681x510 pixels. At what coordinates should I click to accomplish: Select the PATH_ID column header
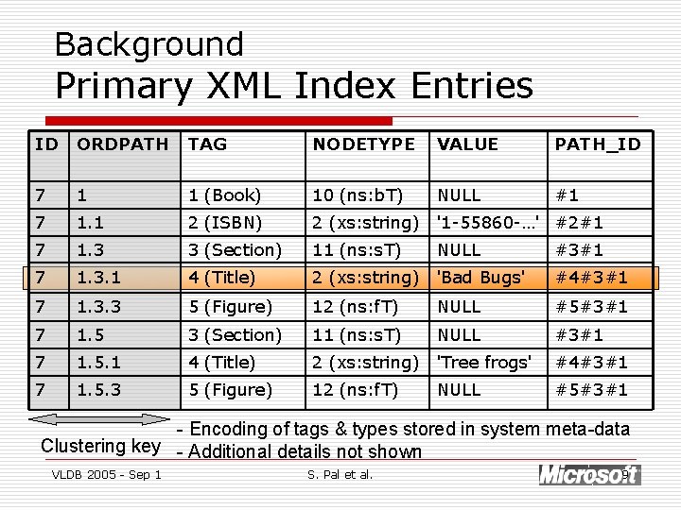[597, 144]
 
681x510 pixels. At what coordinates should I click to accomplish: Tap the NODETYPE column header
[363, 144]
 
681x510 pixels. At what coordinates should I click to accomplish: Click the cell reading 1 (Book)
[224, 195]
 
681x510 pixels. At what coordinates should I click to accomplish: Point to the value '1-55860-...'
[487, 223]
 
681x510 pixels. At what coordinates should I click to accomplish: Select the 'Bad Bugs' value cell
[480, 278]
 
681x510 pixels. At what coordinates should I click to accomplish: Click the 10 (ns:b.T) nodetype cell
[358, 195]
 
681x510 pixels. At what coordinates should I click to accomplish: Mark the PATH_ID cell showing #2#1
[580, 223]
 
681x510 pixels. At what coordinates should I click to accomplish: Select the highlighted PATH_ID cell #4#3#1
[591, 278]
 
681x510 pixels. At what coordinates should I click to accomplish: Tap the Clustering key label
[100, 446]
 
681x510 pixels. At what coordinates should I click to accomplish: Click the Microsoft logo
[589, 474]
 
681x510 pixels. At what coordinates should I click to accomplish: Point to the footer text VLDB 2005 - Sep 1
[106, 474]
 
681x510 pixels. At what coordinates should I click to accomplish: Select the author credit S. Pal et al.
[340, 474]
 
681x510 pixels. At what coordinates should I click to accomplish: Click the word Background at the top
[149, 43]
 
